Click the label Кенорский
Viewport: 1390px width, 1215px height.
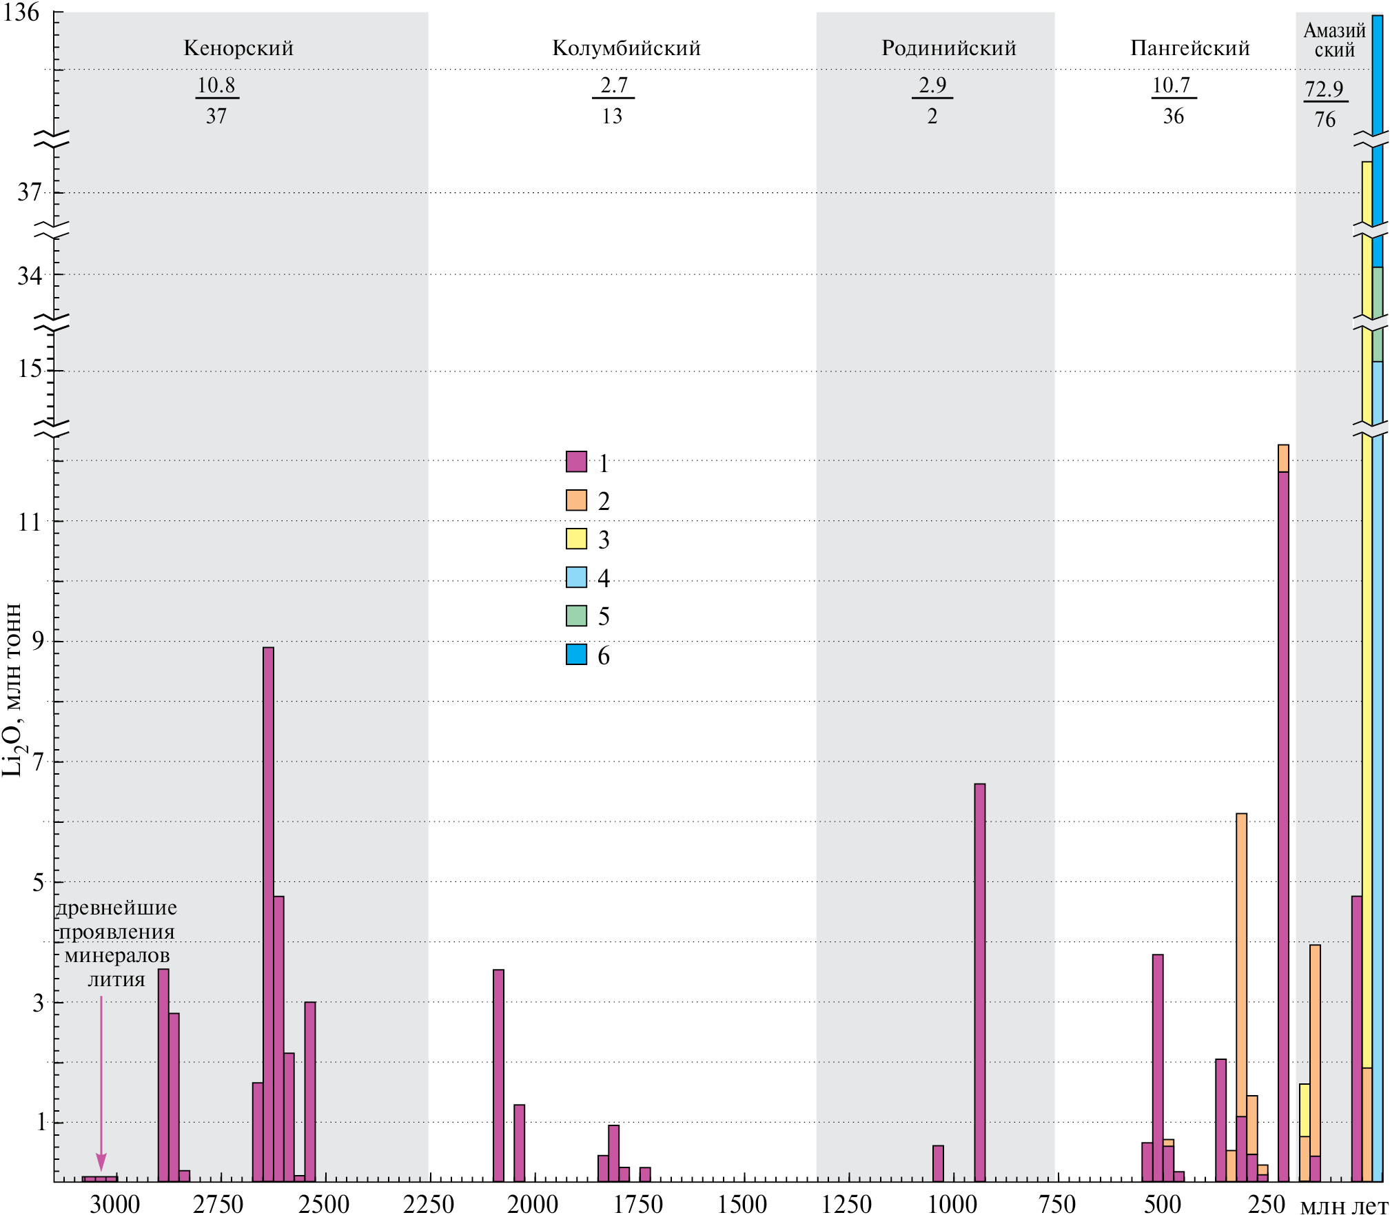coord(238,48)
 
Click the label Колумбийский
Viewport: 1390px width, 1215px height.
coord(626,48)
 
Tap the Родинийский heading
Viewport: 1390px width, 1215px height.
coord(949,48)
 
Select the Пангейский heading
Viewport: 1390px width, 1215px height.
coord(1190,48)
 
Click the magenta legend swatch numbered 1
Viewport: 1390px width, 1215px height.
coord(576,462)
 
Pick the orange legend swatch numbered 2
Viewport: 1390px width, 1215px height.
coord(576,500)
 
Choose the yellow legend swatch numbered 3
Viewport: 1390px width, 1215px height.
coord(576,539)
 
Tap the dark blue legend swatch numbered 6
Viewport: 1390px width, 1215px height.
coord(576,655)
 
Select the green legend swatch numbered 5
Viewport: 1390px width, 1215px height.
coord(576,616)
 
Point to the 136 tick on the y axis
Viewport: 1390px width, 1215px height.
coord(21,12)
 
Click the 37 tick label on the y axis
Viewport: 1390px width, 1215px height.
coord(30,192)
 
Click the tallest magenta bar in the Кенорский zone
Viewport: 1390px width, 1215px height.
coord(268,896)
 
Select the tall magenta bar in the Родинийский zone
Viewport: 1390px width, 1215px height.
coord(979,965)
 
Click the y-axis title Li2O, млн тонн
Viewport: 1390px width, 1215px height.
coord(12,689)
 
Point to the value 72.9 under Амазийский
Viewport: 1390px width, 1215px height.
coord(1324,90)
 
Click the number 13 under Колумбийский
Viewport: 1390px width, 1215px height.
coord(612,116)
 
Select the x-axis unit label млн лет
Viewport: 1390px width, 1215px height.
coord(1344,1205)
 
